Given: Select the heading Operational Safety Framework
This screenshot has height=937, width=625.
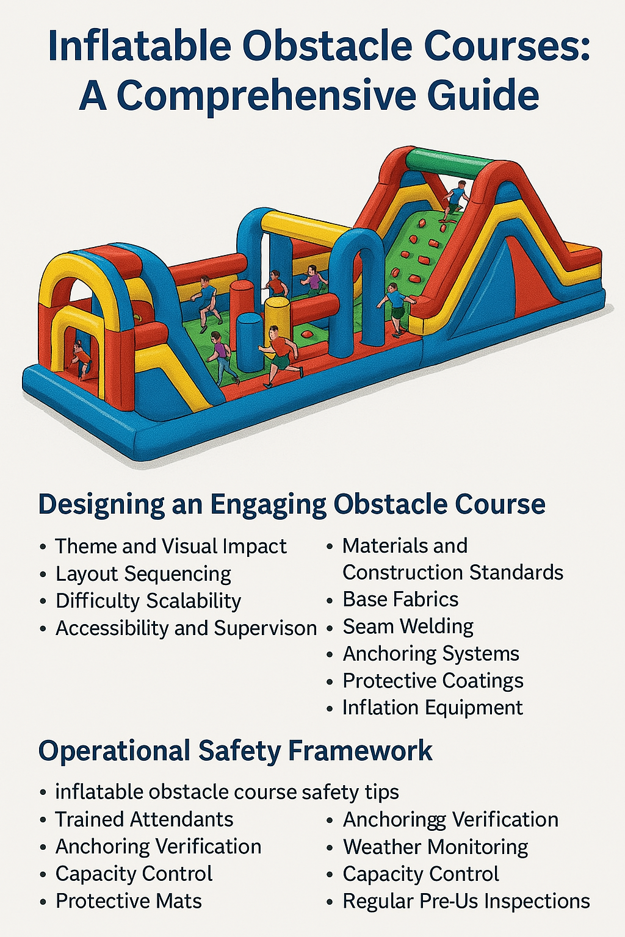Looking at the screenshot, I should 235,750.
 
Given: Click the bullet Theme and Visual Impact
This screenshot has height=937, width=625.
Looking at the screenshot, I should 171,546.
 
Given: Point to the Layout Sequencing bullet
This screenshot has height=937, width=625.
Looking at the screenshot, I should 143,573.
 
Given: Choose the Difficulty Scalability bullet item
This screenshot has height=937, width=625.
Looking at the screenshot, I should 148,601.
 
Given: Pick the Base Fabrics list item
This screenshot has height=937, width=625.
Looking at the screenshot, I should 400,599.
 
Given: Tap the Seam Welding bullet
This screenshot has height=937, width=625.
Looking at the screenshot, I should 408,626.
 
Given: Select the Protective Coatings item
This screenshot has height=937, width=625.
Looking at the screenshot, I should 433,680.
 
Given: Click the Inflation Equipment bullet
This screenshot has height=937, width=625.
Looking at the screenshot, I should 432,708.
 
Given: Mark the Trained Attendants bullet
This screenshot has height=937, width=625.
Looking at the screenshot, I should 144,819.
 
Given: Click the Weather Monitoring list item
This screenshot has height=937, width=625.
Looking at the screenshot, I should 435,847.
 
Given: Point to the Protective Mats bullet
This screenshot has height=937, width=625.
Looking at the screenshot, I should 128,901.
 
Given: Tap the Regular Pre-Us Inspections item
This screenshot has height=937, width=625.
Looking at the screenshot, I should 466,901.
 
